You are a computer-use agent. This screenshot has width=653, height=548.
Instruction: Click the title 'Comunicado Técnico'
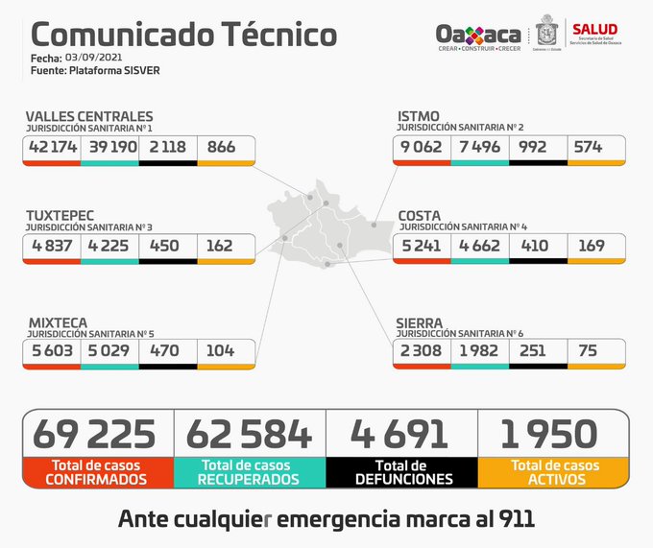(183, 34)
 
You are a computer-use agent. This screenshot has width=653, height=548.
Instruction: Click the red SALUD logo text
(595, 29)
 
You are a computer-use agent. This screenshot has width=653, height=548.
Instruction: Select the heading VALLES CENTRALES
(89, 117)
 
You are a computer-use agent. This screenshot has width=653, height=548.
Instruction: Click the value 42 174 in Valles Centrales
(52, 148)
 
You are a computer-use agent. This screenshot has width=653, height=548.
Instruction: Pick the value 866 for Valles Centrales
(221, 148)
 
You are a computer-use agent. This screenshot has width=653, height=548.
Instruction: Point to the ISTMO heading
(419, 117)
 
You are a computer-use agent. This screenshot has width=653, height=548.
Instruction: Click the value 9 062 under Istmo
(422, 148)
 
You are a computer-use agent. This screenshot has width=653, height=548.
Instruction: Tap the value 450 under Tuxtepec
(163, 246)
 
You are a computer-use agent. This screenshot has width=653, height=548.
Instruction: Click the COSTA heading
(420, 215)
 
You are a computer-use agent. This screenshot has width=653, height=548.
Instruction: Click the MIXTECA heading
(58, 321)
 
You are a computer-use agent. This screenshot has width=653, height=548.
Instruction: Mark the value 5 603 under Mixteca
(52, 351)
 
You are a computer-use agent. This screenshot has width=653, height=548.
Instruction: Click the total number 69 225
(94, 434)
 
